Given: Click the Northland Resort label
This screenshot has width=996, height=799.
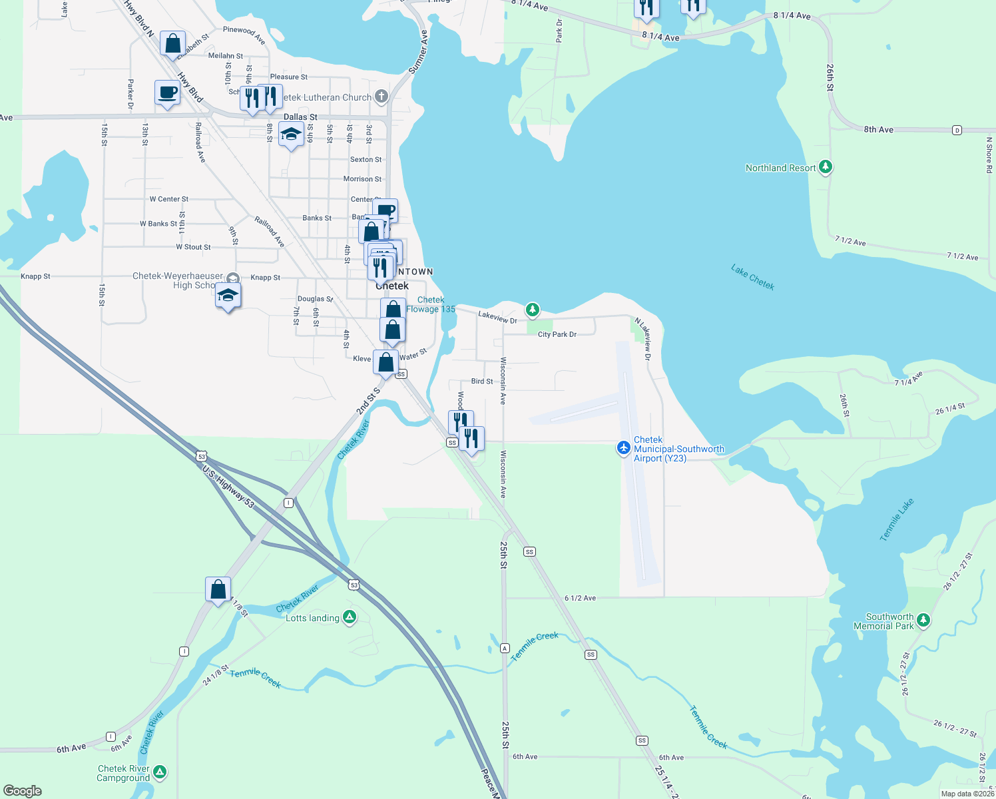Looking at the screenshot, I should [780, 168].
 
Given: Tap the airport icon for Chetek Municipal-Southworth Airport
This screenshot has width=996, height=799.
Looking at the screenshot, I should [624, 447].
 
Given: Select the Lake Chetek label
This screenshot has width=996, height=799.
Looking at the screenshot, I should [752, 277].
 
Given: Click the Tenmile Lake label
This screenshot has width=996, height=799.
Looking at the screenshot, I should [896, 519].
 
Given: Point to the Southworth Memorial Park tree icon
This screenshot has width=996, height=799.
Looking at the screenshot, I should [923, 621].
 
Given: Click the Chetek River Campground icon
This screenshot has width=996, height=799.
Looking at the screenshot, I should [160, 772].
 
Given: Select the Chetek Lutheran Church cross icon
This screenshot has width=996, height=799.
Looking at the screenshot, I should [381, 97].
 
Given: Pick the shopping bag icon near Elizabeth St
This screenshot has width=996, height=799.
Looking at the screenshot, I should [172, 44].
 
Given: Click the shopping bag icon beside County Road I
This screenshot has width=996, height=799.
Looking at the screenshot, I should [218, 589].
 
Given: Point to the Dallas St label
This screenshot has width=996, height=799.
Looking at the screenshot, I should [300, 117].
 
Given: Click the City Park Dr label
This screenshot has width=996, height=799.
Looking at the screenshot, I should [557, 334].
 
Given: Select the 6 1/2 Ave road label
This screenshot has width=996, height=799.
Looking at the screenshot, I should [580, 598].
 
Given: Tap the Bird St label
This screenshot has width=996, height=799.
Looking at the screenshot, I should [482, 382].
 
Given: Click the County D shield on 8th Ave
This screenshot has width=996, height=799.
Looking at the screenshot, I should [957, 130].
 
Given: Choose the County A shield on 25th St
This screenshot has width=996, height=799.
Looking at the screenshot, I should [505, 648].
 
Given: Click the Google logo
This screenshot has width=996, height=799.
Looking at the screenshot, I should [23, 790].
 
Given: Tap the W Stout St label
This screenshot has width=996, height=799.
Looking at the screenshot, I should [193, 247].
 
